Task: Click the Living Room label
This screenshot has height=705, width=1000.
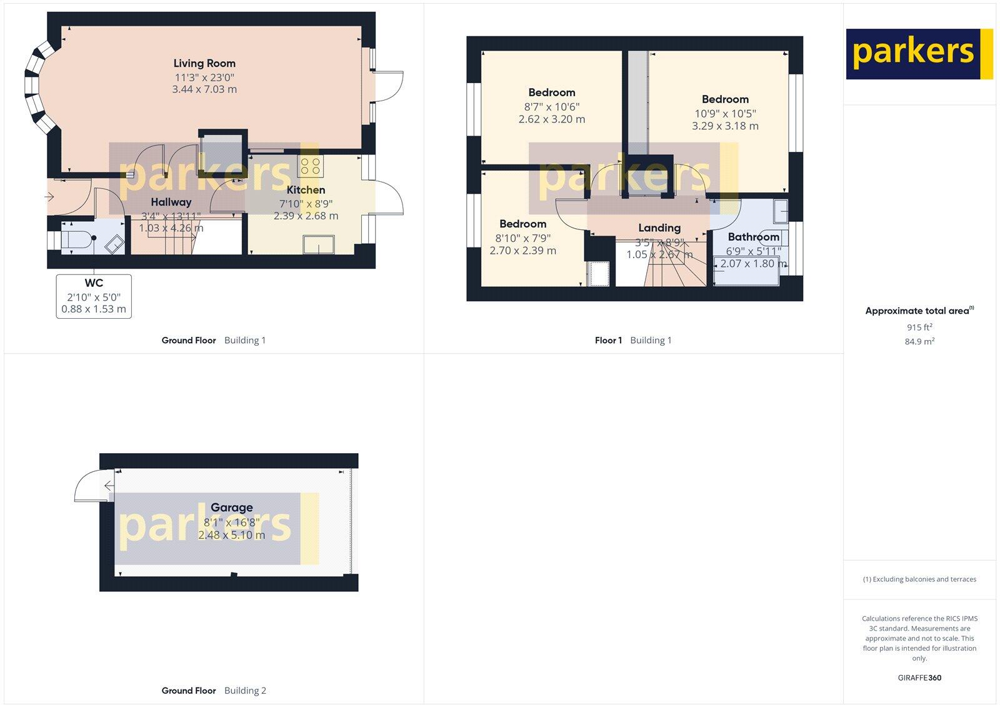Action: pos(204,63)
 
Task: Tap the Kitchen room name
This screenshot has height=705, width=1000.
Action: pos(306,190)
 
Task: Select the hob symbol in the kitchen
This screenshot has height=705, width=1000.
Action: pos(311,166)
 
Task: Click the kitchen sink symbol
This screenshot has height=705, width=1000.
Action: pos(319,244)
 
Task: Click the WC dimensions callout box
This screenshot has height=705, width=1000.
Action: pos(94,296)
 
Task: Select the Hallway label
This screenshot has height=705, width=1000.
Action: pos(171,202)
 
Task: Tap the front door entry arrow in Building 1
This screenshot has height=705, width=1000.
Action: pos(50,197)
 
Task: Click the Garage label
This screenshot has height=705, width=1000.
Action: pos(231,507)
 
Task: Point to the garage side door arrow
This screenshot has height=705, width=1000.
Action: pos(108,486)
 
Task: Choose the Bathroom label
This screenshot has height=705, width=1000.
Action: pos(753,237)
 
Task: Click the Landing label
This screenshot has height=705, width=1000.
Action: pos(659,228)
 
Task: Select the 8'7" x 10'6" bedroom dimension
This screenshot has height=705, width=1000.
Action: pos(552,107)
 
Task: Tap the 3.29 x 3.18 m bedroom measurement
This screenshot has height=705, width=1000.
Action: pos(725,126)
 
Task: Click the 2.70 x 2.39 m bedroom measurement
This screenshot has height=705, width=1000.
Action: pos(522,251)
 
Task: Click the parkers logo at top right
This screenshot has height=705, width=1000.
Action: pos(919,54)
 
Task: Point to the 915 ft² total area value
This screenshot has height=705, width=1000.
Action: pos(919,327)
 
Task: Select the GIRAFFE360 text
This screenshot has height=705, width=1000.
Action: pos(919,677)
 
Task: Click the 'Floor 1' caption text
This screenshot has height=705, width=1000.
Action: pos(608,341)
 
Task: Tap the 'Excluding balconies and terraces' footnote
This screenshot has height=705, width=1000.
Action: pos(919,579)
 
